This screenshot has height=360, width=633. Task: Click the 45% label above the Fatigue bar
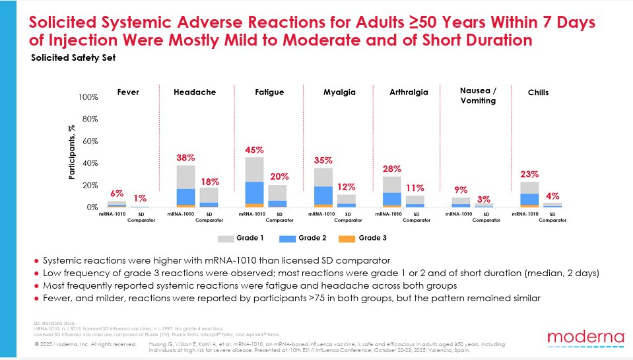[x=255, y=149]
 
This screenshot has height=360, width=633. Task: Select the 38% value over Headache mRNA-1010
[x=185, y=158]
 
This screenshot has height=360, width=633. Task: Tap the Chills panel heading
[x=538, y=92]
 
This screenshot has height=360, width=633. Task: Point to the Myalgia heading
[x=339, y=92]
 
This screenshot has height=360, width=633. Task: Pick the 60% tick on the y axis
[x=90, y=141]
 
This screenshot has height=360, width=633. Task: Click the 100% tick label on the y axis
[x=88, y=97]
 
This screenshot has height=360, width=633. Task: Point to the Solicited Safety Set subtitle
[x=73, y=57]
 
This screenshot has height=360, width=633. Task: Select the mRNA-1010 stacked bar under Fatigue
[x=255, y=182]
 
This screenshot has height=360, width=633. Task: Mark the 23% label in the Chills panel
[x=529, y=175]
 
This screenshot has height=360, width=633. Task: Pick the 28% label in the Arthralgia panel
[x=392, y=169]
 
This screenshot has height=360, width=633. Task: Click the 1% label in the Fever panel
[x=140, y=199]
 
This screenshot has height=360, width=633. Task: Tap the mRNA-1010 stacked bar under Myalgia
[x=323, y=188]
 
